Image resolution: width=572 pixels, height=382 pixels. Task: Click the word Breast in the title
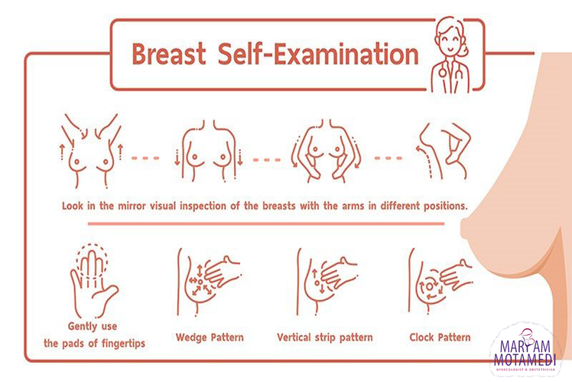(x=169, y=54)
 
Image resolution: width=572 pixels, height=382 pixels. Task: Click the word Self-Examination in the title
(x=318, y=54)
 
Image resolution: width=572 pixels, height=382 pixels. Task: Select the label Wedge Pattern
(x=209, y=337)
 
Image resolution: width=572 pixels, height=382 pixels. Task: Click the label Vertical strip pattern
(x=325, y=337)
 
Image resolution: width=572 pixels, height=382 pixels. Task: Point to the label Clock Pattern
(x=440, y=337)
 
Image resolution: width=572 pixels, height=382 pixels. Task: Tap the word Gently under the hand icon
(x=82, y=326)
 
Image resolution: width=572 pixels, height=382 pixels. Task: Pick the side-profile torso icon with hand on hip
(x=443, y=150)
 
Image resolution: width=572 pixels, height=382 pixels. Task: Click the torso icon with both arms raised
(x=91, y=150)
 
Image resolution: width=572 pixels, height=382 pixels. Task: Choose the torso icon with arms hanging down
(x=209, y=150)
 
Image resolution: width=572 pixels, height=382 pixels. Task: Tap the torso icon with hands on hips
(x=326, y=150)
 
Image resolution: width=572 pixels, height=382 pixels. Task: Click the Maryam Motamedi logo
(x=525, y=351)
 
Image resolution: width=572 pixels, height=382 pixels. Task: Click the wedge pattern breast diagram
(x=208, y=282)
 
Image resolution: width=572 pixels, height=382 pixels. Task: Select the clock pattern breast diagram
(x=440, y=282)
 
